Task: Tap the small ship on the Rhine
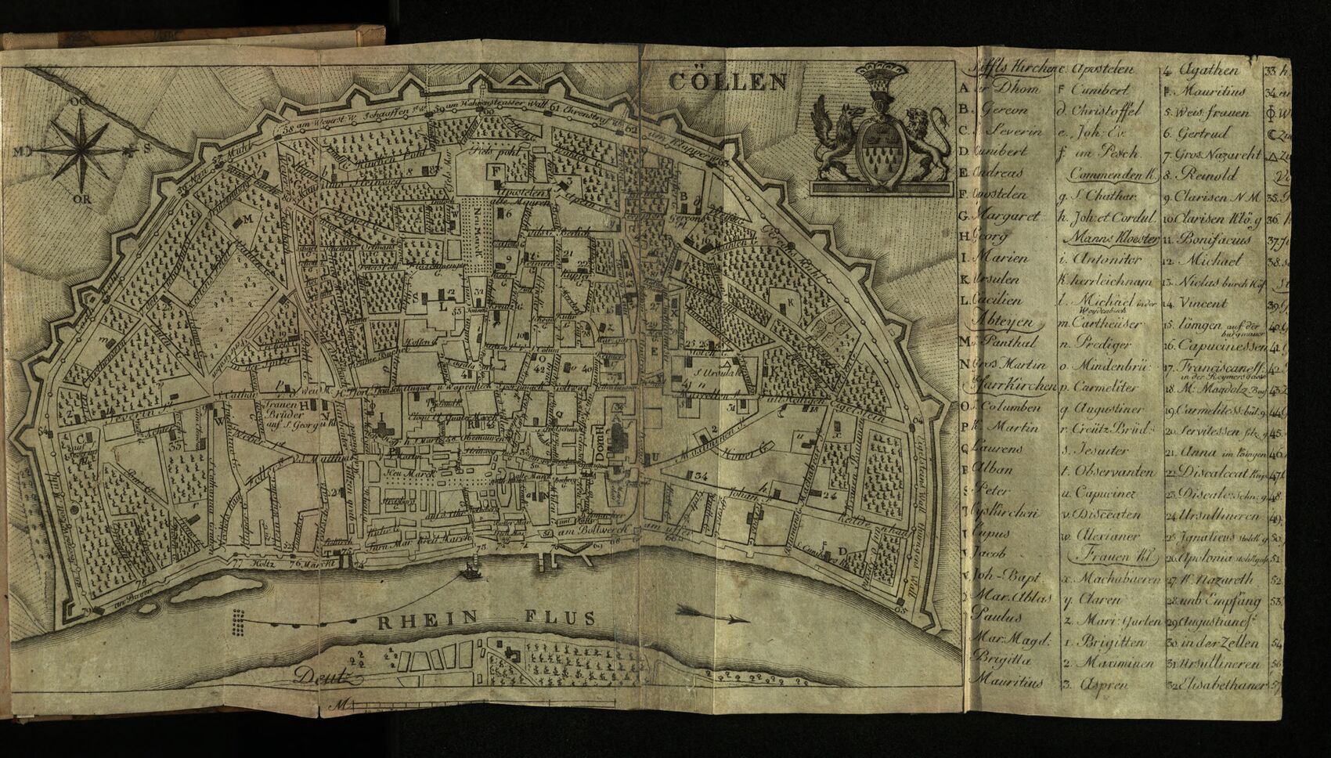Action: click(471, 572)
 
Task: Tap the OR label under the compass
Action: click(80, 198)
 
